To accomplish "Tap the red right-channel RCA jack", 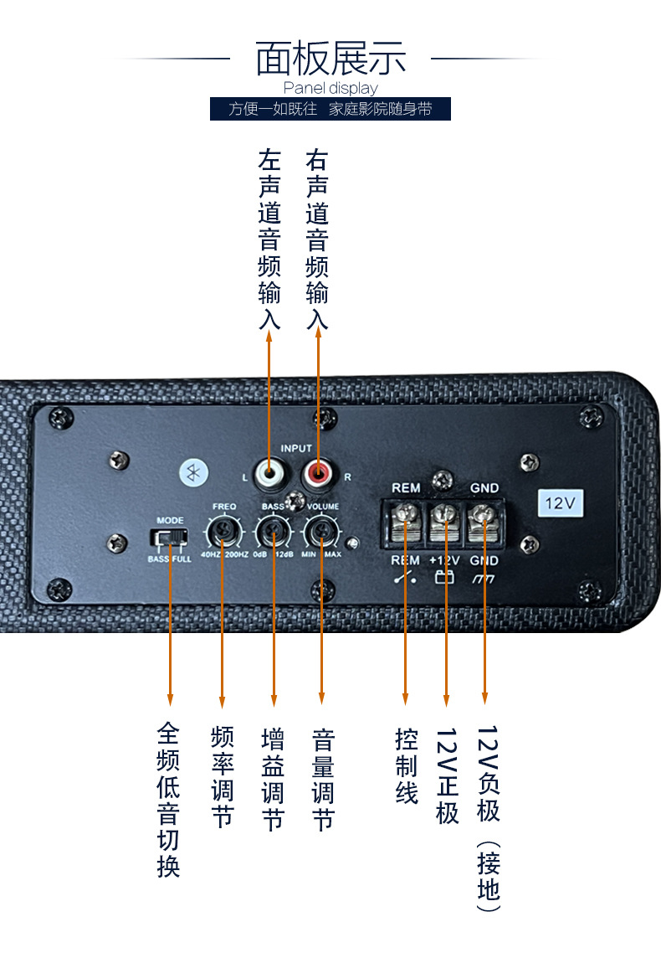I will pyautogui.click(x=318, y=476).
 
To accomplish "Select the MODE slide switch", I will pyautogui.click(x=170, y=537).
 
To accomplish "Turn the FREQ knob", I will pyautogui.click(x=223, y=531).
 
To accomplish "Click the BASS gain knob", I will pyautogui.click(x=273, y=531).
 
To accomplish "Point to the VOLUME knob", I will pyautogui.click(x=322, y=531).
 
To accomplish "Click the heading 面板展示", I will pyautogui.click(x=330, y=59).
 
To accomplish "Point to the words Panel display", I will pyautogui.click(x=330, y=88).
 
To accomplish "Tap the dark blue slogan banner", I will pyautogui.click(x=330, y=109).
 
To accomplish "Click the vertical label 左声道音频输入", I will pyautogui.click(x=269, y=239).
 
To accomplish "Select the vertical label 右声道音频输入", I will pyautogui.click(x=317, y=239).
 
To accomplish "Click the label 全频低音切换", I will pyautogui.click(x=168, y=800).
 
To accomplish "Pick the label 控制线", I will pyautogui.click(x=407, y=766).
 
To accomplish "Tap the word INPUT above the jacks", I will pyautogui.click(x=296, y=449).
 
